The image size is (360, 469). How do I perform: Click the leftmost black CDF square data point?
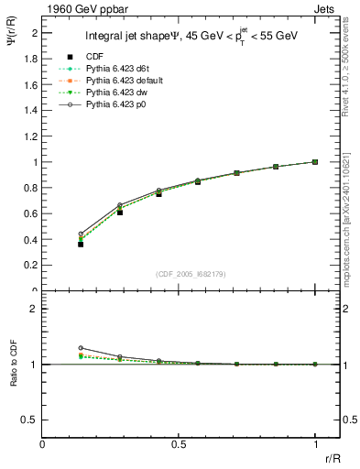(x=81, y=245)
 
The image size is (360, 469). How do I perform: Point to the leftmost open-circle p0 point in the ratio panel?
(x=81, y=348)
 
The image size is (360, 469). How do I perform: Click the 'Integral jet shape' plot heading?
(x=135, y=38)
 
